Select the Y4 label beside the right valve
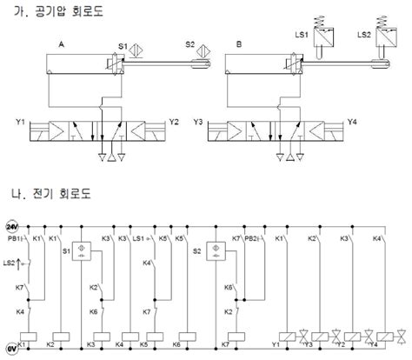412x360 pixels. click(x=351, y=122)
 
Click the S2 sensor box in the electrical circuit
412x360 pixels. click(x=212, y=250)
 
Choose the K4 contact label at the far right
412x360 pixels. click(x=376, y=238)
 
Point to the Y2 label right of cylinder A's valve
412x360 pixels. click(x=175, y=122)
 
